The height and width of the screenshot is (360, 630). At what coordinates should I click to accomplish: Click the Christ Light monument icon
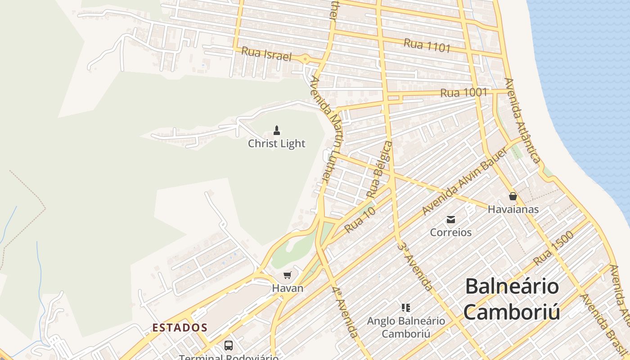pyautogui.click(x=277, y=130)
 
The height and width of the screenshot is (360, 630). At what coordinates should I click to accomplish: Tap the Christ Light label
pyautogui.click(x=277, y=144)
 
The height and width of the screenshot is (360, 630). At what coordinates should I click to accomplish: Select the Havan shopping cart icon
pyautogui.click(x=288, y=275)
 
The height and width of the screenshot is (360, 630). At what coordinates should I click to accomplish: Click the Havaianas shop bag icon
pyautogui.click(x=513, y=196)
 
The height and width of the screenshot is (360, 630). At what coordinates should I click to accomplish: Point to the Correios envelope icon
pyautogui.click(x=450, y=220)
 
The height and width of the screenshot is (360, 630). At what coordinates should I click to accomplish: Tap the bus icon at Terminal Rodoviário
pyautogui.click(x=229, y=346)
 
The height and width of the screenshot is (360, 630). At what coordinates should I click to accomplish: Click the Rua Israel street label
pyautogui.click(x=266, y=54)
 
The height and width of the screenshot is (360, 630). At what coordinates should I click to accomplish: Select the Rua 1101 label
pyautogui.click(x=427, y=45)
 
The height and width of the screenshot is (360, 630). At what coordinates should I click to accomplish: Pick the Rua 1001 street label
pyautogui.click(x=464, y=93)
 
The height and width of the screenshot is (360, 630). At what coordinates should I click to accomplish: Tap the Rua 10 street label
pyautogui.click(x=360, y=220)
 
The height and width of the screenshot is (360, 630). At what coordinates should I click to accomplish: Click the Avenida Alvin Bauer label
pyautogui.click(x=465, y=181)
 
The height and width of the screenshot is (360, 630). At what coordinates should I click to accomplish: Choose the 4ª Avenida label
pyautogui.click(x=346, y=311)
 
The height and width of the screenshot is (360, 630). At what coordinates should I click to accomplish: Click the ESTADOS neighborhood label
pyautogui.click(x=180, y=328)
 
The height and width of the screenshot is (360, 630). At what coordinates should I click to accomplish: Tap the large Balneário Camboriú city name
pyautogui.click(x=512, y=299)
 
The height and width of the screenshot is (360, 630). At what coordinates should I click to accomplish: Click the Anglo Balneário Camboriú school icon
pyautogui.click(x=406, y=308)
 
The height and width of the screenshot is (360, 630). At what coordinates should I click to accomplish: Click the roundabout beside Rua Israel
pyautogui.click(x=306, y=58)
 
